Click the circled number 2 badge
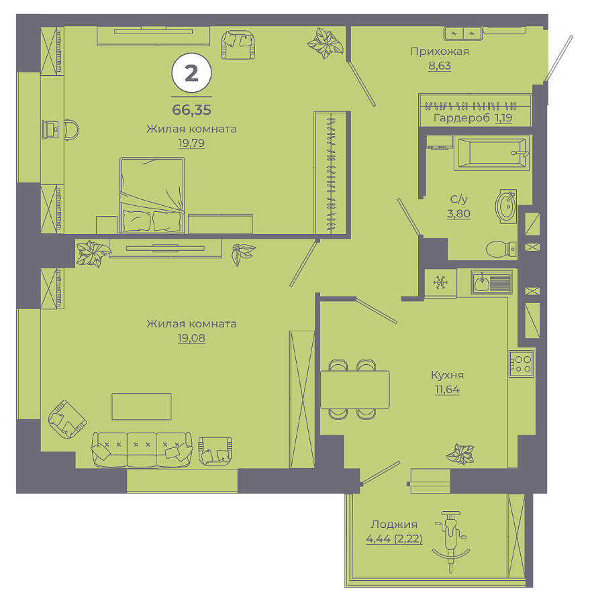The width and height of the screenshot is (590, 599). [191, 72]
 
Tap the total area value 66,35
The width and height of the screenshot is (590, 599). [191, 110]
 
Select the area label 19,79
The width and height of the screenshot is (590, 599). [191, 143]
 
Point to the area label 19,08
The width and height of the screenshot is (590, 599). [191, 338]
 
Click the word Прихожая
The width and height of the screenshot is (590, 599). [440, 51]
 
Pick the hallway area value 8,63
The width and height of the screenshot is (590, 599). [440, 66]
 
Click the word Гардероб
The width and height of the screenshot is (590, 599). [462, 118]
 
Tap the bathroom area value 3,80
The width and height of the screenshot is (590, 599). [458, 213]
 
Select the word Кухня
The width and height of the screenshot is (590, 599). [447, 375]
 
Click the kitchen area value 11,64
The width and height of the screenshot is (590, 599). [447, 390]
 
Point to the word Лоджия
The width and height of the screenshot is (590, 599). [394, 525]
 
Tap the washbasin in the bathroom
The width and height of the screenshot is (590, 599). [506, 207]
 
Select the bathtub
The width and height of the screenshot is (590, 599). [492, 153]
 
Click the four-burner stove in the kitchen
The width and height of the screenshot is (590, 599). [521, 364]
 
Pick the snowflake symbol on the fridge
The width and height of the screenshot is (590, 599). [440, 282]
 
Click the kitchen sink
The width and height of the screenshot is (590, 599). [492, 282]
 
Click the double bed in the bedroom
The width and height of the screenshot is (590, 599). [152, 195]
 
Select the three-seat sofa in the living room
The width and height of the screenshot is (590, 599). [142, 449]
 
